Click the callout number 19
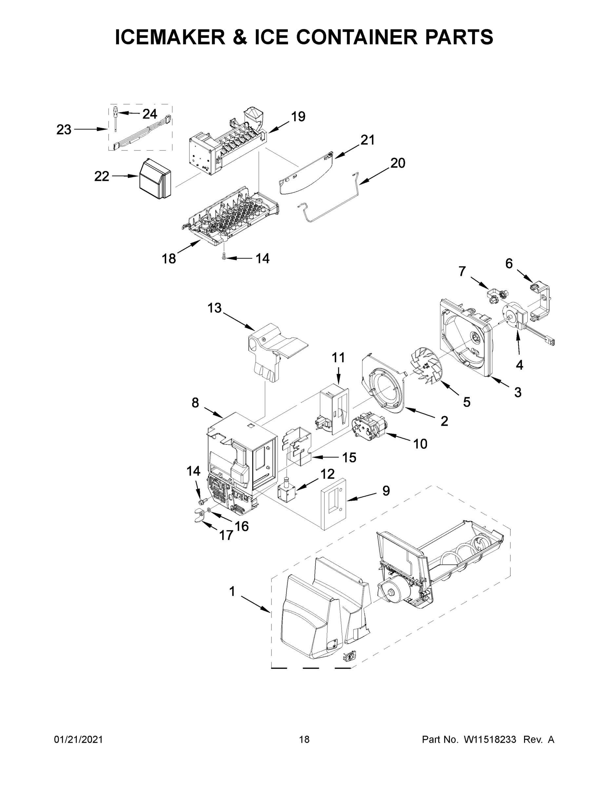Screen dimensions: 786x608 (x=298, y=117)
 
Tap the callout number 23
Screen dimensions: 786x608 (x=64, y=130)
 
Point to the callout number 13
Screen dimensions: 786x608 (x=214, y=308)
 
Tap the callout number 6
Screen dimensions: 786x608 (x=509, y=264)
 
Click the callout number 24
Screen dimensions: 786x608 (x=149, y=114)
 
